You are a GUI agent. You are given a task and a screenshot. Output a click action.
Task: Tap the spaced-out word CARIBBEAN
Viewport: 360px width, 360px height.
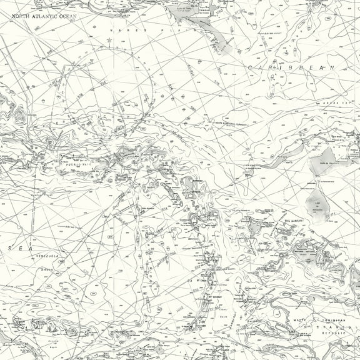(291, 67)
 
